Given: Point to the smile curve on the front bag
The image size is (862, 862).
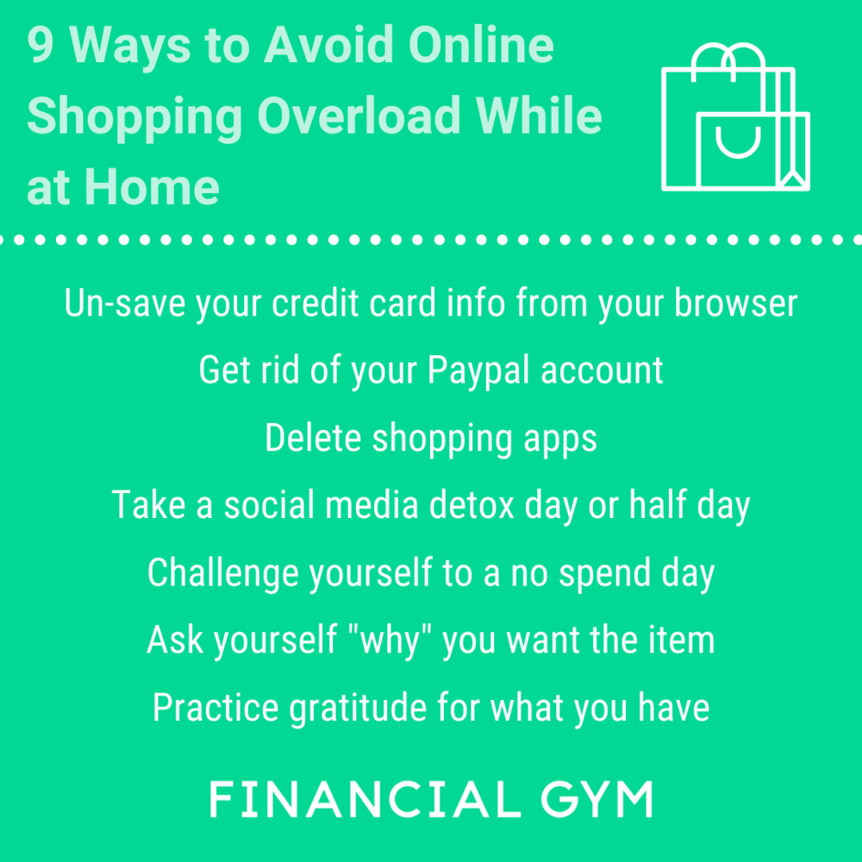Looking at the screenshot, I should pos(735,144).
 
